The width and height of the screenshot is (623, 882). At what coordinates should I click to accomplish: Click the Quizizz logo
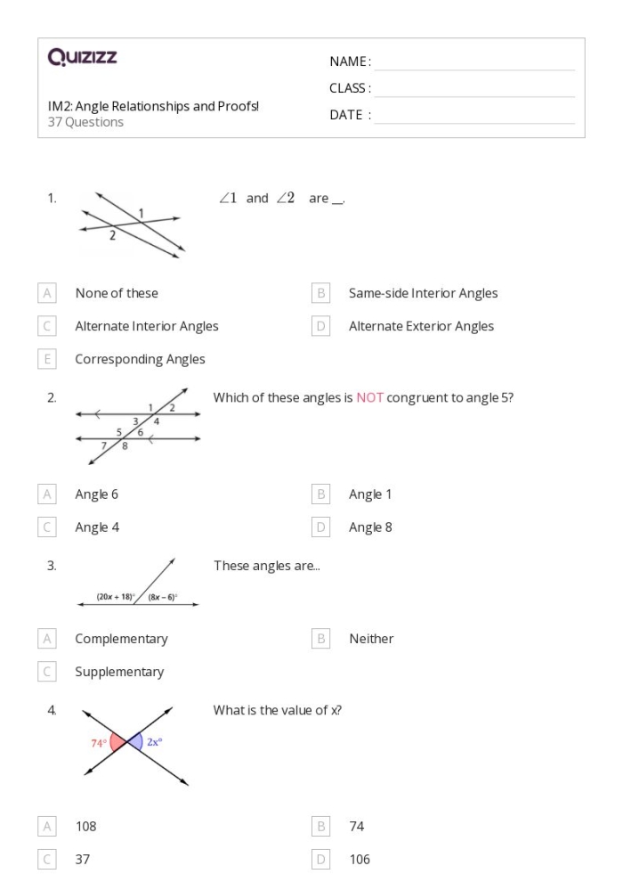coord(82,59)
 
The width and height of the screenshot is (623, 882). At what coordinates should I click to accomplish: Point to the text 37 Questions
coord(85,122)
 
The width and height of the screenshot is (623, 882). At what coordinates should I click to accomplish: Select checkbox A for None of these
coord(47,293)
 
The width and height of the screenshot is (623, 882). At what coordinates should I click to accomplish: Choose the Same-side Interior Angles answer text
coord(423,293)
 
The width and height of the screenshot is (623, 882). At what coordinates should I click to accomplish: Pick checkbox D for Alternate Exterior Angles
coord(321,326)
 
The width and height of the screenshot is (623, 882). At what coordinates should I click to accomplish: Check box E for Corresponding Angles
coord(47,359)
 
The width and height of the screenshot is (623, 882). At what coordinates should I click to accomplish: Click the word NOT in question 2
coord(369,398)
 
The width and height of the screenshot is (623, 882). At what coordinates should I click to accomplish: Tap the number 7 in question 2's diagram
coord(104,443)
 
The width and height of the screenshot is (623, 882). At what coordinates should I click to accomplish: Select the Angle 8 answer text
coord(370,527)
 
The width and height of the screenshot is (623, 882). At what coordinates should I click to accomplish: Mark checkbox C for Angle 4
coord(47,527)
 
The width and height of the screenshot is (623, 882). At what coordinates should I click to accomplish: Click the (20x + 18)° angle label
coord(115,597)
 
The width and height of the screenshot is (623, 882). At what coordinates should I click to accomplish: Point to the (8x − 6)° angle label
coord(163,597)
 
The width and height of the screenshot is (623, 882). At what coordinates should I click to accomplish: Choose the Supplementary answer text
coord(119,672)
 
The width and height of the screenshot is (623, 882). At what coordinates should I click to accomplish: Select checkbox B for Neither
coord(321,639)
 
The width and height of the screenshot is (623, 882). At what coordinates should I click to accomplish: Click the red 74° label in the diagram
coord(97,741)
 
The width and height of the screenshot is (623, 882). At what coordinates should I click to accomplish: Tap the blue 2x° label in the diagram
coord(154,739)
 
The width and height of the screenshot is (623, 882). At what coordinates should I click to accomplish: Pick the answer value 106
coord(360,859)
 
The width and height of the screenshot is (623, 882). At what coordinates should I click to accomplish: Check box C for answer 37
coord(47,859)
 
